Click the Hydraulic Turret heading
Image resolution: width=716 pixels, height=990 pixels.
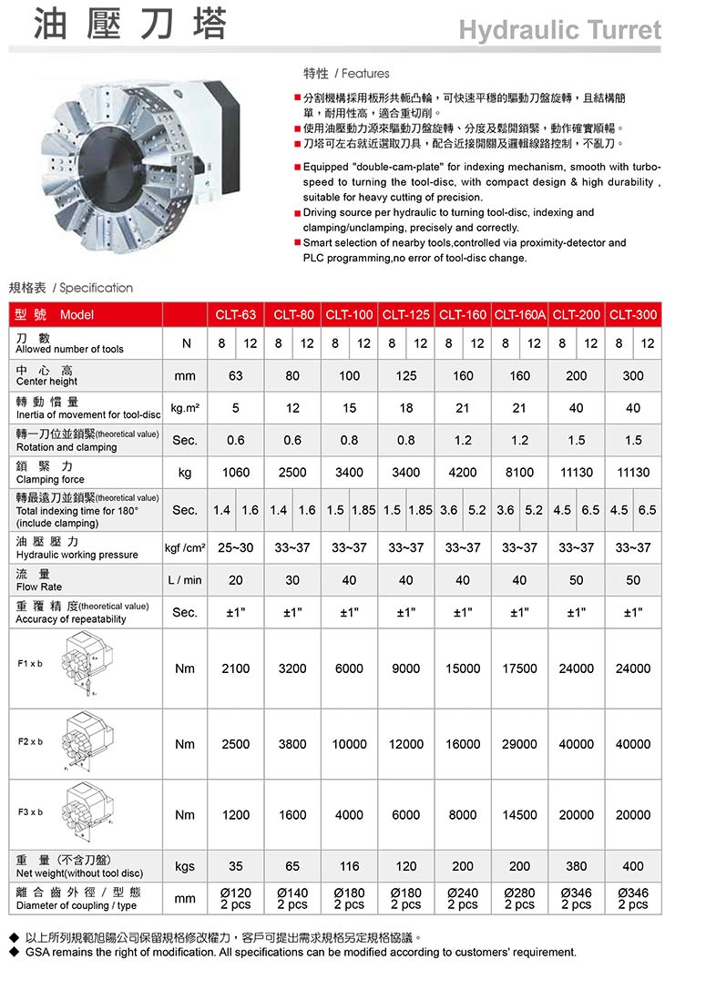pyautogui.click(x=559, y=30)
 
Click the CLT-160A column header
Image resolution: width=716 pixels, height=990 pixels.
pyautogui.click(x=519, y=315)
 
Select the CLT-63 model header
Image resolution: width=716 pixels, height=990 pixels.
pyautogui.click(x=235, y=315)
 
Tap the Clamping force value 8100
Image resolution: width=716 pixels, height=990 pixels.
pyautogui.click(x=519, y=473)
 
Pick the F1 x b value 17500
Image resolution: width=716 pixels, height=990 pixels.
pyautogui.click(x=519, y=669)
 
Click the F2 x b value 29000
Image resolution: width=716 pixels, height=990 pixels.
pyautogui.click(x=519, y=744)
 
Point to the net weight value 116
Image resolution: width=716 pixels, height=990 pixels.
pyautogui.click(x=349, y=866)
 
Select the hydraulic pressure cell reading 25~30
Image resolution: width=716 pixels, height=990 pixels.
pyautogui.click(x=235, y=547)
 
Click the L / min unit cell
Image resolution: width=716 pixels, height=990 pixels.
pyautogui.click(x=185, y=580)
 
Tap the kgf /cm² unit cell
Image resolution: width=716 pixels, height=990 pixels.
pyautogui.click(x=185, y=547)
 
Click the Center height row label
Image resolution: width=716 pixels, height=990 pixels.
pyautogui.click(x=46, y=382)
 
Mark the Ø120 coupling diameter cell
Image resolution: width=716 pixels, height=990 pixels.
pyautogui.click(x=235, y=898)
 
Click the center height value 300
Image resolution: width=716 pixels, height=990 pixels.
pyautogui.click(x=633, y=375)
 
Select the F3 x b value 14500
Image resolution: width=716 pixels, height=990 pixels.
pyautogui.click(x=519, y=815)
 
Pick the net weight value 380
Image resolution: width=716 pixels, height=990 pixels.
pyautogui.click(x=577, y=866)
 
